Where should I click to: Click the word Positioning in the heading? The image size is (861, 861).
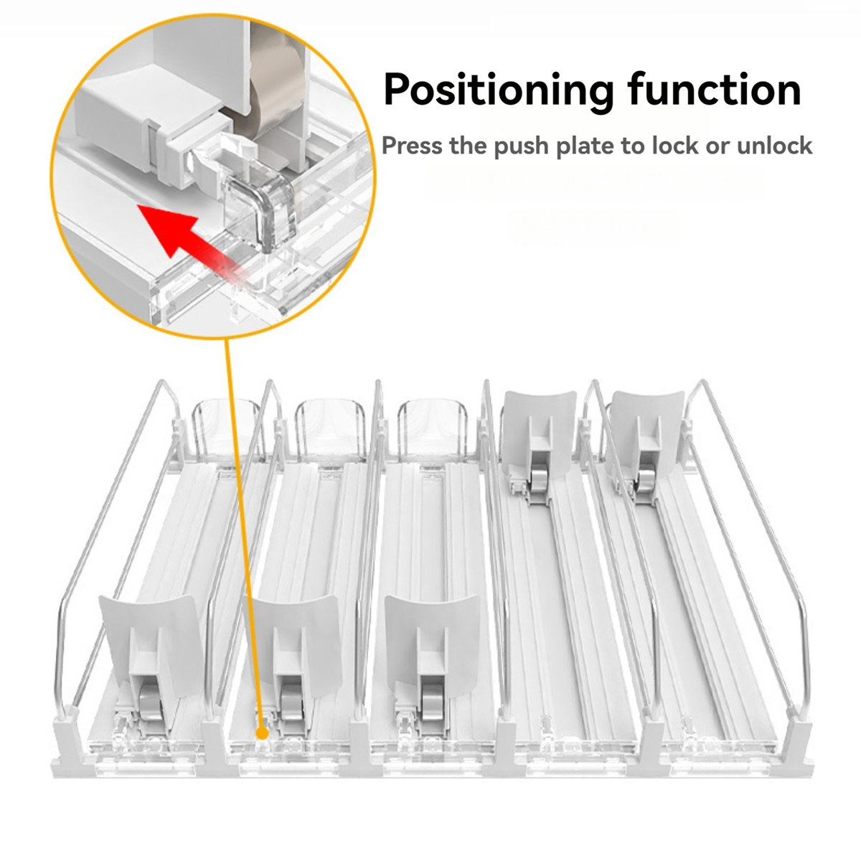(499, 91)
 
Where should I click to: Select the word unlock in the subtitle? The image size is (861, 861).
(773, 146)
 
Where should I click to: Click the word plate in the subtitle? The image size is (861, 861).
(582, 147)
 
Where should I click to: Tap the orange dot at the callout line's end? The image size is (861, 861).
(262, 734)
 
